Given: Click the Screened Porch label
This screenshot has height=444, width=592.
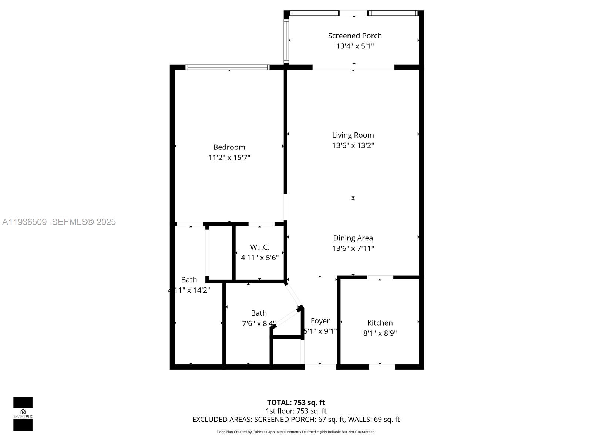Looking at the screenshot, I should click(354, 36).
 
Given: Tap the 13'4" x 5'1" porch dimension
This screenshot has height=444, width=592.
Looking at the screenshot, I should click(354, 46).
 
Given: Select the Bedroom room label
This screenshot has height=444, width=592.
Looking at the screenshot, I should click(229, 147).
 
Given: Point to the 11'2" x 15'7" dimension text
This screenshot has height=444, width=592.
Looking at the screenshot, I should click(229, 158).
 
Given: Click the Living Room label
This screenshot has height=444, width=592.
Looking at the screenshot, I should click(353, 135).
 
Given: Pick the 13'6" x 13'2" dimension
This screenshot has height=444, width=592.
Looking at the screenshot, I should click(353, 145).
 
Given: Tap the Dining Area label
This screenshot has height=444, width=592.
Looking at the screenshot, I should click(353, 238).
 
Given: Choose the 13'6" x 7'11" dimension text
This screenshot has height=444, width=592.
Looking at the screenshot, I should click(353, 249).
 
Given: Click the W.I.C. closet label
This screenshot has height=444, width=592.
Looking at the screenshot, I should click(259, 247).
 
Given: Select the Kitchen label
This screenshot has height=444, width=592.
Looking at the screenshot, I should click(380, 323).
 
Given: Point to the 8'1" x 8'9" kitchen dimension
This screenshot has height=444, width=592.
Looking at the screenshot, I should click(380, 333).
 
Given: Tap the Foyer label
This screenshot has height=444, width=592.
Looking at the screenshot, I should click(320, 321).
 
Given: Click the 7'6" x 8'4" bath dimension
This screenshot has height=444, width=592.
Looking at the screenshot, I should click(259, 324).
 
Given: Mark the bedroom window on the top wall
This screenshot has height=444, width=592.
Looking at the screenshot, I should click(227, 67).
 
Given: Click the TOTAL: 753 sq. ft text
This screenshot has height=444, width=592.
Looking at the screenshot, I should click(296, 403).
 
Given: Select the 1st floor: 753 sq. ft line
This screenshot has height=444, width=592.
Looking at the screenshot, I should click(296, 411).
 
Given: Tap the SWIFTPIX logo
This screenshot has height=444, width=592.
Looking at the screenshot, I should click(23, 414).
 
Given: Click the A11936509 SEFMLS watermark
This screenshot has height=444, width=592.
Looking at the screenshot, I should click(59, 222).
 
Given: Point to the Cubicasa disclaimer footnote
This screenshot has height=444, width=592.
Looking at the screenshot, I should click(296, 432).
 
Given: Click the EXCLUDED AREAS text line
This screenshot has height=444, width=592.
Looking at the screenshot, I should click(296, 420).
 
